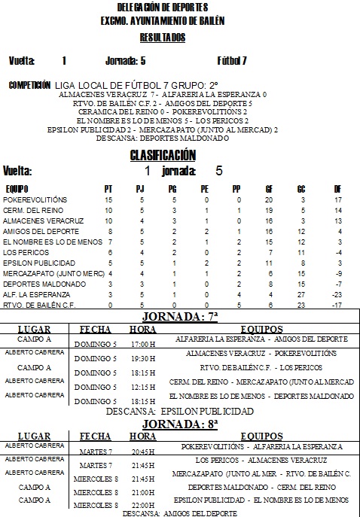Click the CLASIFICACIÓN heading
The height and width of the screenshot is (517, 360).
point(163,155)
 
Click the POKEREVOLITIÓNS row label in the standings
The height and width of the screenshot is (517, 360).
point(35,199)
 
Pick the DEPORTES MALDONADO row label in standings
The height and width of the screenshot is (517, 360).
point(38,284)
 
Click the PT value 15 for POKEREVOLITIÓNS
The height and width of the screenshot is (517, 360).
point(108,199)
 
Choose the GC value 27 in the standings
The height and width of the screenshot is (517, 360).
point(302,294)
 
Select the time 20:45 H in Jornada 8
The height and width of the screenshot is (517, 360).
point(142,453)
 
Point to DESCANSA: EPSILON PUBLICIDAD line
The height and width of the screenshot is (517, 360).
point(179,412)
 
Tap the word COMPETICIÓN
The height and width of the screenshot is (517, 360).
point(29,85)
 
